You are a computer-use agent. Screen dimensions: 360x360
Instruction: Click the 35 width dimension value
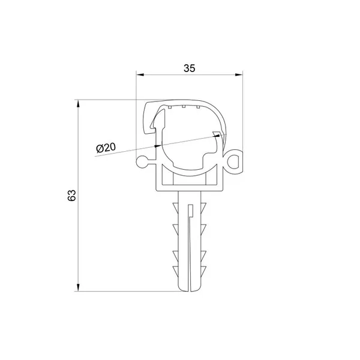point(190,68)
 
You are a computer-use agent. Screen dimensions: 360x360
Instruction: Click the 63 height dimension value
point(72,196)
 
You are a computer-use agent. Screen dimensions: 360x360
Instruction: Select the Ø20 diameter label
point(106,148)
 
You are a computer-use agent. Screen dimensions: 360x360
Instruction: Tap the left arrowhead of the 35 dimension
point(140,74)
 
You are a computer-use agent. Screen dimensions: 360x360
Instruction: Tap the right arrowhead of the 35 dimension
point(239,74)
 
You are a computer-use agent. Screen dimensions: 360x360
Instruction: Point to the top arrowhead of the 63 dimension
point(78,104)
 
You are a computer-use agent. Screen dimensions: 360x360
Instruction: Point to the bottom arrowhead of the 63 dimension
point(78,287)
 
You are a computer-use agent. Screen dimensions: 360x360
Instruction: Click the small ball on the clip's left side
point(142,162)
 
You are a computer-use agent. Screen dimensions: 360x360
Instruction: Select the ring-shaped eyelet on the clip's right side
point(235,161)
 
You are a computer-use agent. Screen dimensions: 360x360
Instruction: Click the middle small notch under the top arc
point(184,106)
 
